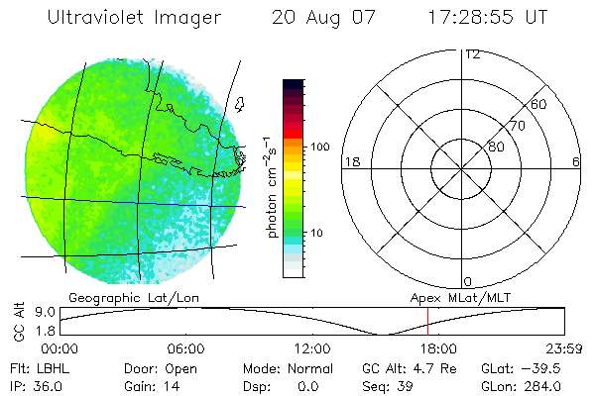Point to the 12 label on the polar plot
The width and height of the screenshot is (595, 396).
tap(472, 54)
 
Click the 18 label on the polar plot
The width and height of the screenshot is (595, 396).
tap(351, 161)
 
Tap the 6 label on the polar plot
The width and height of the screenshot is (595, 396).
tap(575, 161)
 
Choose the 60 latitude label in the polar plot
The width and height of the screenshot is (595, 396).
tap(539, 104)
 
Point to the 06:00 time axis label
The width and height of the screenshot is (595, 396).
tap(185, 348)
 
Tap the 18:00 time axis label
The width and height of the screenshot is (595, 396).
tap(439, 348)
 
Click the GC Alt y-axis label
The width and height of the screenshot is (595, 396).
tap(18, 322)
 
